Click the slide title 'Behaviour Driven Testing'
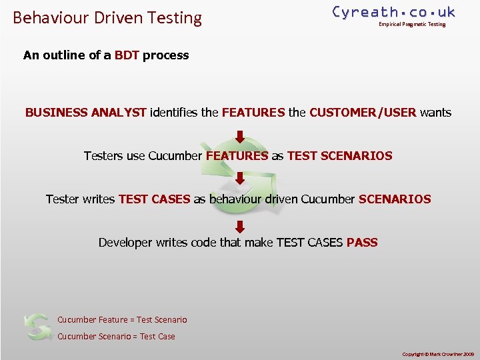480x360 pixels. click(x=107, y=17)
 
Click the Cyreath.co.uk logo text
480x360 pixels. click(x=393, y=12)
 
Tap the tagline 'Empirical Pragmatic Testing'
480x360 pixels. click(x=411, y=25)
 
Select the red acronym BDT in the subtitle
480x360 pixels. click(x=127, y=55)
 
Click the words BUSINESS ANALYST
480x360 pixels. click(x=85, y=113)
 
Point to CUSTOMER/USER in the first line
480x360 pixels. click(x=363, y=113)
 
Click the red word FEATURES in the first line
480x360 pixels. click(x=253, y=113)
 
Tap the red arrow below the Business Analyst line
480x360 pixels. click(x=240, y=137)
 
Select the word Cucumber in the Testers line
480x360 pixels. click(x=175, y=156)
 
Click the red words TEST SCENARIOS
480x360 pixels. click(x=339, y=156)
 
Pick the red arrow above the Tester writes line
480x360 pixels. click(x=240, y=179)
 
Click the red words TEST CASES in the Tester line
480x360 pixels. click(x=154, y=199)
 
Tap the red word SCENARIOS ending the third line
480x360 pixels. click(x=395, y=199)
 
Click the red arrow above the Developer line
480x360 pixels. click(x=240, y=226)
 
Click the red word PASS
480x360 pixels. click(x=362, y=243)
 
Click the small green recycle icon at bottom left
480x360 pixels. click(x=37, y=326)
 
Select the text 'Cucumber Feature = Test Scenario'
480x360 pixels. click(x=122, y=320)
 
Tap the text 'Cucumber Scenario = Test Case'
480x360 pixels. click(x=116, y=337)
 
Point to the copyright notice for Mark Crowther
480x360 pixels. click(x=438, y=353)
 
